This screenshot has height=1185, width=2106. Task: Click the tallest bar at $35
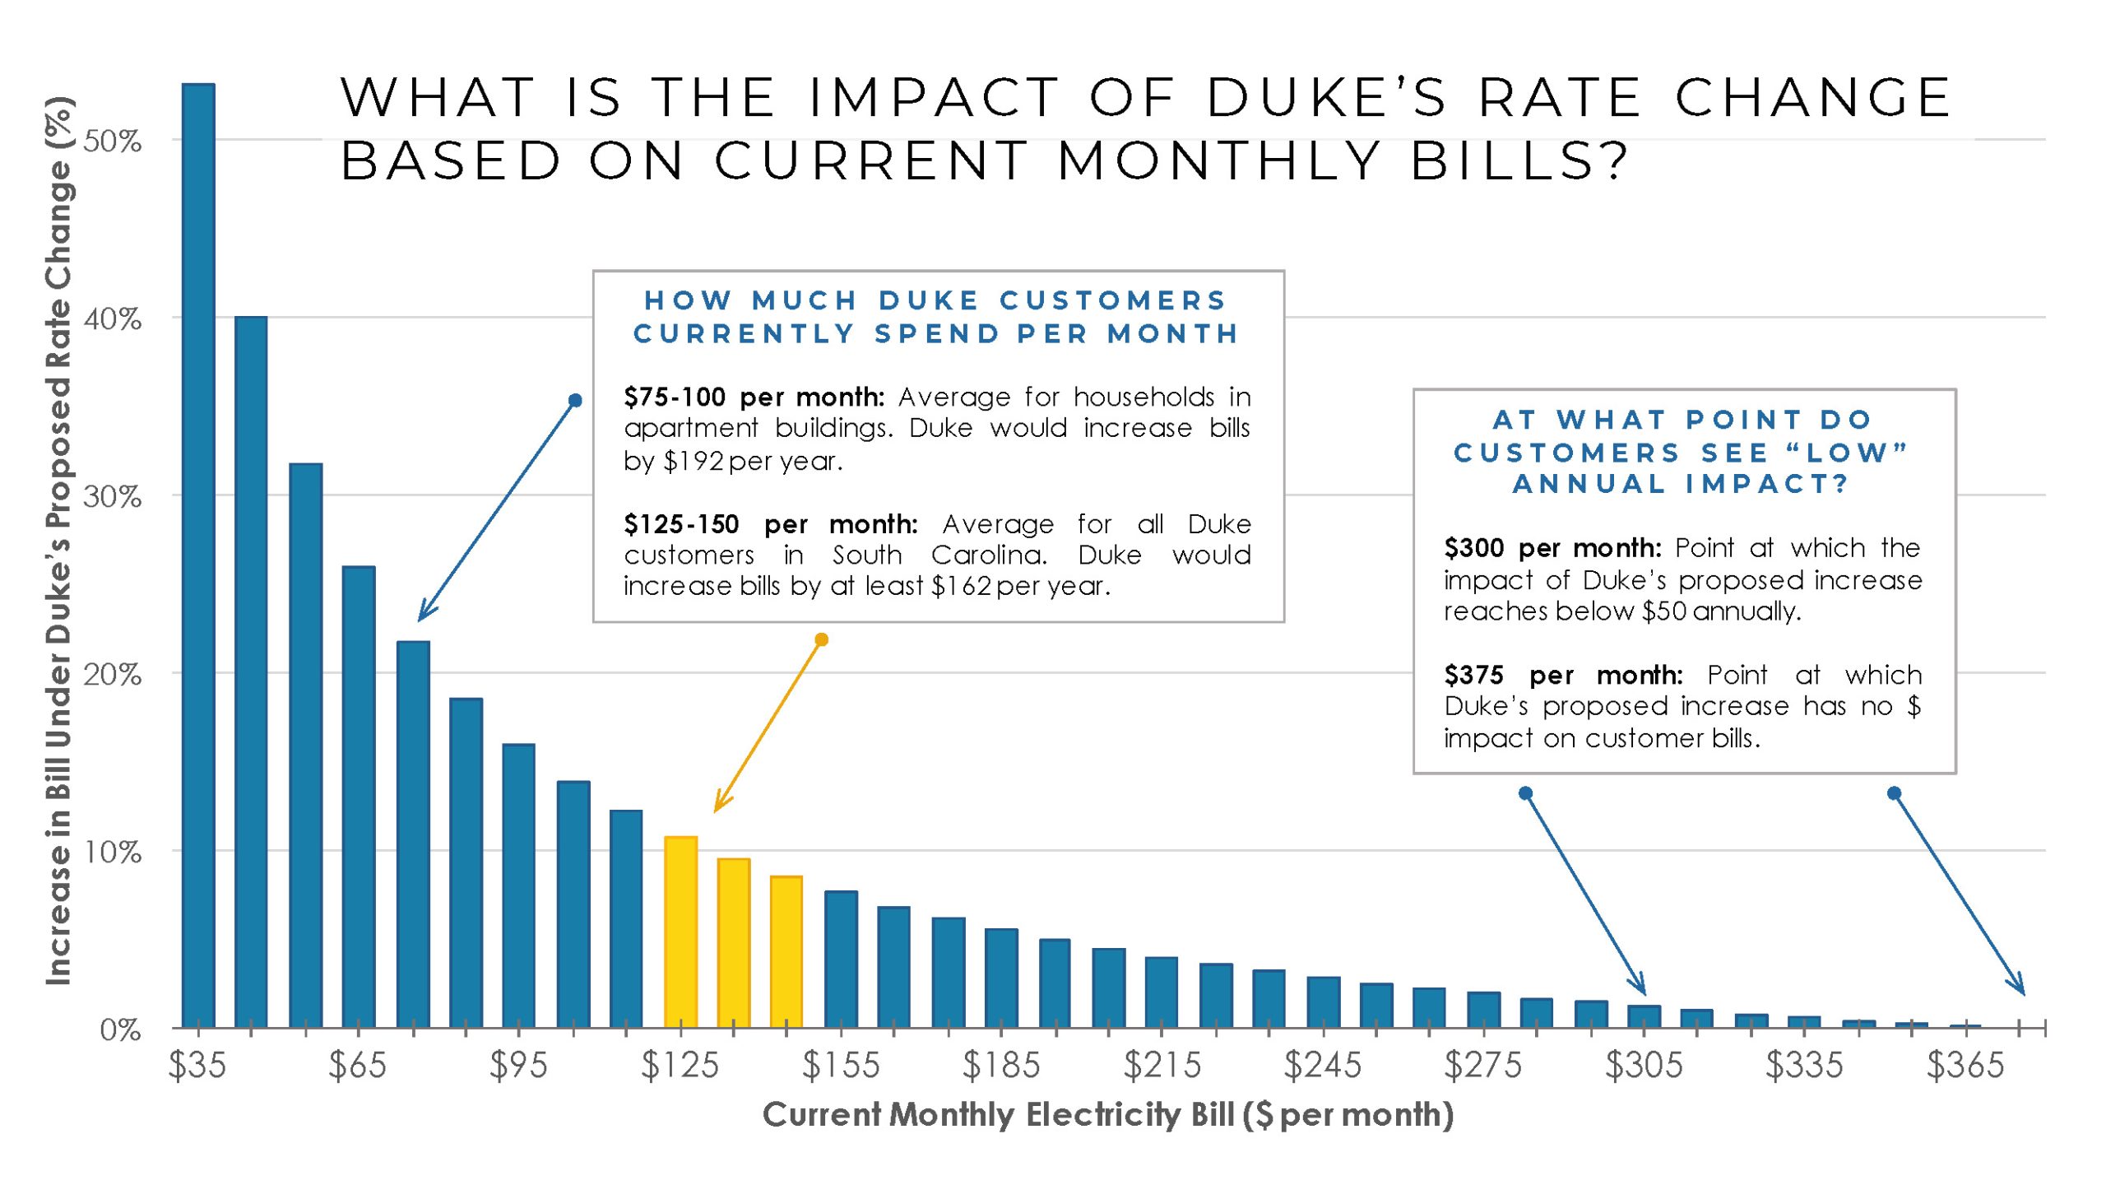point(198,555)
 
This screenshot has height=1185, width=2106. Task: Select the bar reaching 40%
point(251,671)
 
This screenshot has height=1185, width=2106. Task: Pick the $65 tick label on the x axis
point(357,1065)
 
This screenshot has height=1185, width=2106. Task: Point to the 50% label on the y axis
point(113,142)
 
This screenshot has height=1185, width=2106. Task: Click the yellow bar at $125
point(680,932)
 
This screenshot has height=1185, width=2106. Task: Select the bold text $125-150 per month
point(770,524)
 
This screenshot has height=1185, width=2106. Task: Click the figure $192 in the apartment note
point(693,461)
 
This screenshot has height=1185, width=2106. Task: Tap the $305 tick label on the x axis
point(1644,1065)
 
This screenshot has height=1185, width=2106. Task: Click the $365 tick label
point(1965,1065)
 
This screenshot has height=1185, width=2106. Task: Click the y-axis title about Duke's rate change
point(59,539)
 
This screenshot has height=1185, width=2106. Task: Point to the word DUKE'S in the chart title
point(1325,98)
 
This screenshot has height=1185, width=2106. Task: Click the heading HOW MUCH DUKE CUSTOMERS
point(936,300)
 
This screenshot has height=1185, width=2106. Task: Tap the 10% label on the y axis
point(113,853)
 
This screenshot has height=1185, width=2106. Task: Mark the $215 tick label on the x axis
point(1162,1065)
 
